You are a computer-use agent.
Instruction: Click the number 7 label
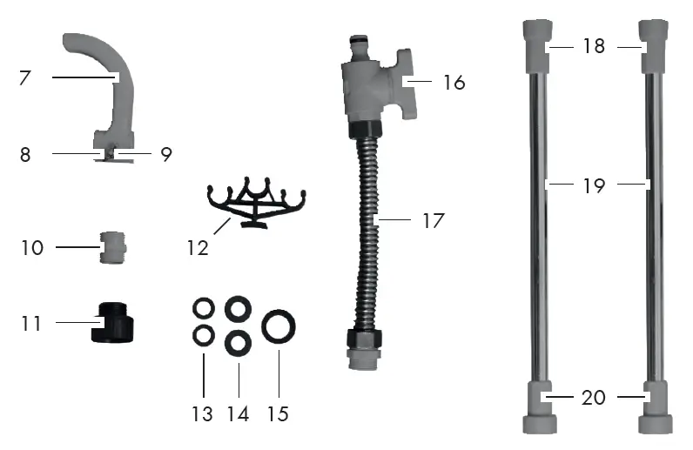tap(25, 77)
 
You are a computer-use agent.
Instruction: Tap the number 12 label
tap(198, 248)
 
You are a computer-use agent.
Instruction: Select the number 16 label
tap(454, 83)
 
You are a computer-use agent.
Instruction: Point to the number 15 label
tap(278, 413)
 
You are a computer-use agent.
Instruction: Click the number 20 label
tap(594, 398)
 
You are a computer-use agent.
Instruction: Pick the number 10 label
tap(32, 248)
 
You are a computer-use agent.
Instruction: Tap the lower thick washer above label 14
tap(237, 342)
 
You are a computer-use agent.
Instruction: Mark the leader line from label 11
tap(77, 323)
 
